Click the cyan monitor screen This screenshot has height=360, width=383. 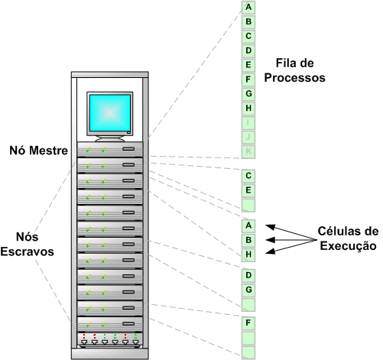click(110, 113)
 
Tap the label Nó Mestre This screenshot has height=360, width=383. click(39, 151)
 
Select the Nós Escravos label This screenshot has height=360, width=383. click(27, 244)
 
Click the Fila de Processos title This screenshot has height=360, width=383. click(294, 70)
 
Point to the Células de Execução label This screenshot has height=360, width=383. click(348, 238)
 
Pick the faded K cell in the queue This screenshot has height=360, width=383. click(248, 151)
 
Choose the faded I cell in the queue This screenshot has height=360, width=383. click(248, 122)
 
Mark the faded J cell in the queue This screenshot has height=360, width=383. click(248, 137)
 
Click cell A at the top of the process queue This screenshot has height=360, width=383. click(248, 7)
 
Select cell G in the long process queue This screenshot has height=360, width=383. click(248, 94)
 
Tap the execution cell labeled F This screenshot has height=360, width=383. click(248, 323)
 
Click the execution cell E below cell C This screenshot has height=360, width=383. click(248, 190)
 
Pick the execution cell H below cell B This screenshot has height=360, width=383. click(248, 255)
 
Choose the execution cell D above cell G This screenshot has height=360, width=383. click(248, 275)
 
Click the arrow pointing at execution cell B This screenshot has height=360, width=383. click(291, 240)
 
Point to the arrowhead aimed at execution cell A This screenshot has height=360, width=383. click(270, 226)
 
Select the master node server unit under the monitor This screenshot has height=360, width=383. click(110, 149)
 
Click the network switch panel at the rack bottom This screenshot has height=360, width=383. click(110, 340)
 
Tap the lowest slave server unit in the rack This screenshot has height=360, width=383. click(110, 324)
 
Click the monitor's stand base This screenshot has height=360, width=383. click(110, 139)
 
